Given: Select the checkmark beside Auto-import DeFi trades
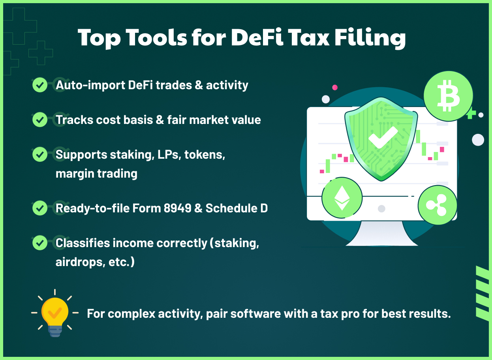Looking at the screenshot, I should point(39,85).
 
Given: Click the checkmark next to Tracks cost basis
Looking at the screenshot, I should point(39,120).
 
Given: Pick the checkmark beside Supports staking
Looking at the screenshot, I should point(39,154).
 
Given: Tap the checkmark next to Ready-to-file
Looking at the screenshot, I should point(39,208).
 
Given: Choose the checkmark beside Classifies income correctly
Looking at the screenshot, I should point(39,243).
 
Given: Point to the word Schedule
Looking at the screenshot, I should point(232,208).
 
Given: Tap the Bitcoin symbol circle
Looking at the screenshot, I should point(448,96).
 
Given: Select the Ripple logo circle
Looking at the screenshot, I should point(438,205).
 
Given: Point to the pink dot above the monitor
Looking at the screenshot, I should point(335,87).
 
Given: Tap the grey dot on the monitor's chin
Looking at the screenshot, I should point(381,208).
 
